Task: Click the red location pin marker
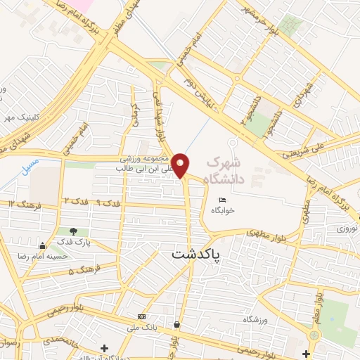(181, 165)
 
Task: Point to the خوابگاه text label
(223, 210)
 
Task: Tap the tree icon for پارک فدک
(73, 231)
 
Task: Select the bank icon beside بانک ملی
(141, 316)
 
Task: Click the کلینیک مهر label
(20, 117)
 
